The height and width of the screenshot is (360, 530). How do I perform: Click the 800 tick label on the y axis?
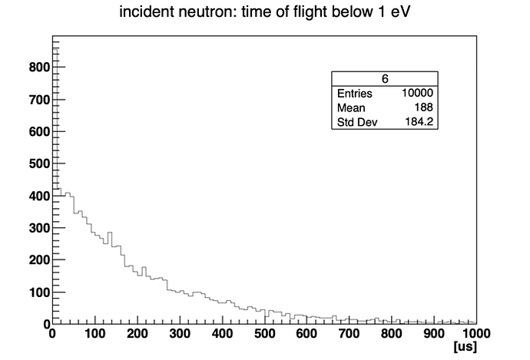click(x=39, y=68)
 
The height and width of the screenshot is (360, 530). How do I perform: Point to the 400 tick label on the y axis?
click(x=39, y=196)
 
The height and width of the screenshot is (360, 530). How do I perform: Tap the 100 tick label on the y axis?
click(x=39, y=292)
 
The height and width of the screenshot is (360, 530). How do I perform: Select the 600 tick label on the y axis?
click(x=39, y=132)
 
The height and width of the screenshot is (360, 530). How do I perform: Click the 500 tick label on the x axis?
click(x=264, y=334)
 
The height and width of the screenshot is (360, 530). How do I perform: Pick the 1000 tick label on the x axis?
click(x=474, y=334)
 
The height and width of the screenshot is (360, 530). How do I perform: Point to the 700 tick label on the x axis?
click(x=349, y=334)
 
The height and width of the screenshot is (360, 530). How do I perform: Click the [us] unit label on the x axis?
click(x=465, y=348)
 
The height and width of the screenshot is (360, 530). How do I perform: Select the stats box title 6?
click(x=384, y=79)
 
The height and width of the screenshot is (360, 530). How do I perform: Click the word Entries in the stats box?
click(x=355, y=94)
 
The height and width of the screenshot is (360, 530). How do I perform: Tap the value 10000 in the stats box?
click(x=417, y=94)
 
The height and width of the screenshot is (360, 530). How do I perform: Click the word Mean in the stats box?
click(x=351, y=108)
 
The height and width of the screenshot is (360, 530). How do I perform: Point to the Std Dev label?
click(x=357, y=123)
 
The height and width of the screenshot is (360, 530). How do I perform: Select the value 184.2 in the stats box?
click(x=419, y=123)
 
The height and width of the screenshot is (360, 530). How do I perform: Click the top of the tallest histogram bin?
click(x=54, y=48)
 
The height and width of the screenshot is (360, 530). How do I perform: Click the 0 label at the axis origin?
click(x=52, y=334)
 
